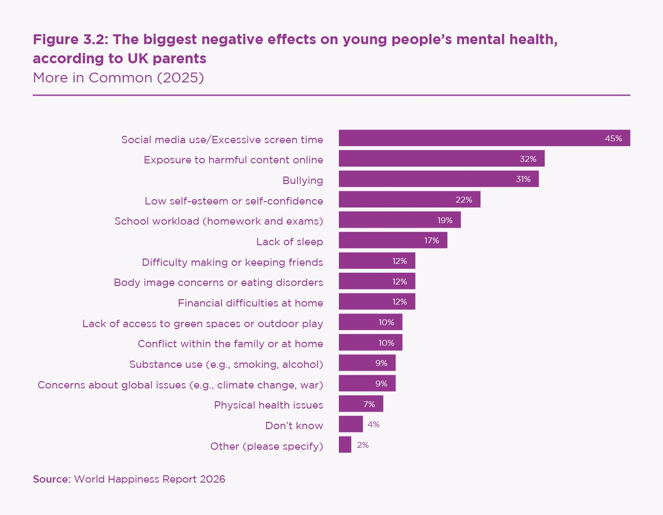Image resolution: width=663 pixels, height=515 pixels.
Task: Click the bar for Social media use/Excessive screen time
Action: coord(484,138)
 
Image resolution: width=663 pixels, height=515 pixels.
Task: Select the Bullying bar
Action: coord(439,179)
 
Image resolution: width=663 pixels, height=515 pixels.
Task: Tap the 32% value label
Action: coord(528,159)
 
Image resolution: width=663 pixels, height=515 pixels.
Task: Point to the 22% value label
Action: coord(464,200)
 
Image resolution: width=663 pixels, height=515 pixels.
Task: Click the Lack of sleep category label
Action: coord(289,242)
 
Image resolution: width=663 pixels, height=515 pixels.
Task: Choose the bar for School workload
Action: coord(399,220)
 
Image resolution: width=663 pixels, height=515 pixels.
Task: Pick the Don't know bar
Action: coord(351,424)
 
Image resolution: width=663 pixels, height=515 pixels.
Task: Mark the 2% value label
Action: coord(363,445)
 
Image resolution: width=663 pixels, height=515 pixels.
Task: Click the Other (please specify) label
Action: coord(267,446)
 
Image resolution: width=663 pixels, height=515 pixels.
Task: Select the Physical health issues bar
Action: coord(360,404)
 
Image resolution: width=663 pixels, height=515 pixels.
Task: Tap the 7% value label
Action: coord(369,404)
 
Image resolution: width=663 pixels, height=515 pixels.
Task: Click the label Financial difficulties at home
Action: coord(250,303)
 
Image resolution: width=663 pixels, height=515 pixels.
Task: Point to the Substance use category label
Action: coord(226,364)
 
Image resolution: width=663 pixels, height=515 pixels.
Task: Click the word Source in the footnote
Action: coord(52,479)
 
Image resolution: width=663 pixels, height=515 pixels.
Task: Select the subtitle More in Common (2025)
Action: coord(118,78)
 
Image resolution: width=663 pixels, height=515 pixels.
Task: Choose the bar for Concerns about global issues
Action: coord(367,384)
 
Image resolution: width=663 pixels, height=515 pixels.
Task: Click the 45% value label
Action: coord(613,138)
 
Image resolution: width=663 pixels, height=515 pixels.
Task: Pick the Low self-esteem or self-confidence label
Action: coord(234,201)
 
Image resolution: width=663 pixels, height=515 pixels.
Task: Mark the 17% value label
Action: coord(432,240)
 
